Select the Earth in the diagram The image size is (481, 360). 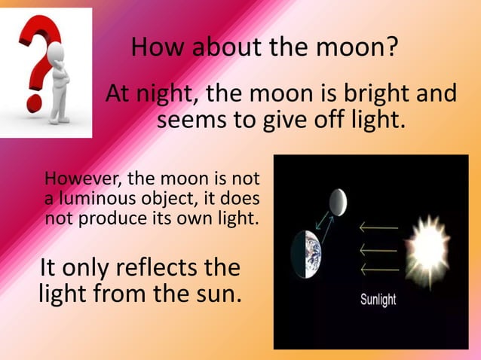click(308, 252)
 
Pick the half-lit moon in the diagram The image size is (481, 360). click(338, 201)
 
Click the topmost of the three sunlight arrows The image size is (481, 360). click(378, 225)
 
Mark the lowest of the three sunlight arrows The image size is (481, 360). click(378, 268)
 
